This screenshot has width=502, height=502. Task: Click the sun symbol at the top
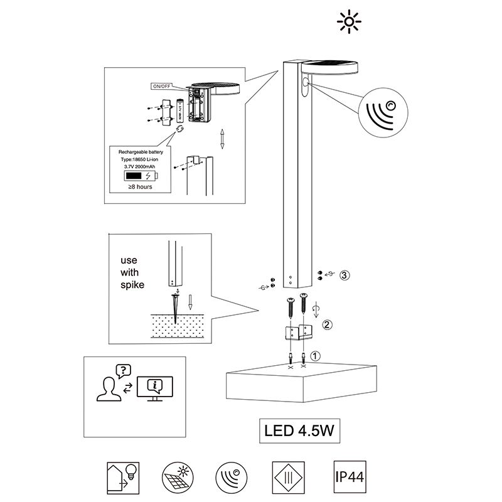(349, 22)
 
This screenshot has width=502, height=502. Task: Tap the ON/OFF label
(161, 85)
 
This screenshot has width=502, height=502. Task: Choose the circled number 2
(326, 325)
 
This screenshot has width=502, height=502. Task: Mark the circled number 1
(316, 355)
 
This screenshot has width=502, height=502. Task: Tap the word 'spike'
(132, 285)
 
